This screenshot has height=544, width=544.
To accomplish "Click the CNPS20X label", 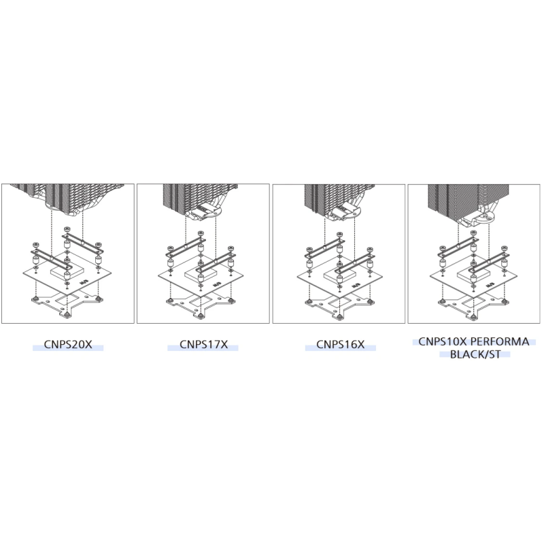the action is tap(68, 345).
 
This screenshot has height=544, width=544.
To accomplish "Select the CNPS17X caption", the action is tap(203, 345).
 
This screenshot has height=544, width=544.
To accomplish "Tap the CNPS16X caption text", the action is tap(341, 345).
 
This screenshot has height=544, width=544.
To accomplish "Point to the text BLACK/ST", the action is tap(475, 354).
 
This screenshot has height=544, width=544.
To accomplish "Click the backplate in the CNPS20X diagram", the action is tap(66, 304).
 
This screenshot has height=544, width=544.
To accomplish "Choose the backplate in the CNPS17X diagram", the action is tap(201, 305).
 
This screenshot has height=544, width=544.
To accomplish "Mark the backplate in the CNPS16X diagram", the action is tap(339, 305).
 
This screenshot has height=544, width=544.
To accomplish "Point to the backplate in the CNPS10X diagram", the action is tap(473, 305).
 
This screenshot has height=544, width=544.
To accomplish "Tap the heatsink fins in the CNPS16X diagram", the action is tap(338, 197).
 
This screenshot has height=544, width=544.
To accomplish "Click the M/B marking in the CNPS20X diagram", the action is tap(83, 283).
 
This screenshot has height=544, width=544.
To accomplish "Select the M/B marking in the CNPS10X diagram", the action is tap(490, 284).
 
